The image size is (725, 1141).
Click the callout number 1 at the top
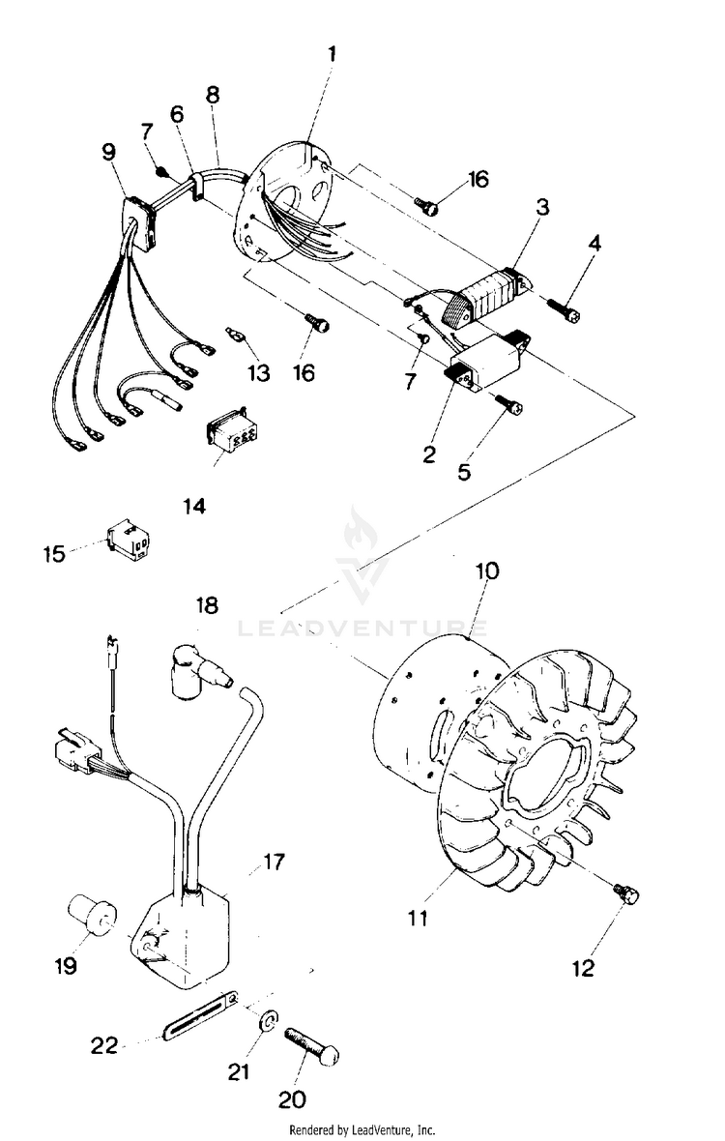coord(332,54)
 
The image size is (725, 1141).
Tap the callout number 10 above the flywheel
coord(486,570)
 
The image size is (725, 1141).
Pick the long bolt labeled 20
coord(312,1045)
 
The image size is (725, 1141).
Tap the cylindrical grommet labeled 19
coord(91,914)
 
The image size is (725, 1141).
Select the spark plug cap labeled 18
coord(198,669)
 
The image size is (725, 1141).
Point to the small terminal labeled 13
coord(235,335)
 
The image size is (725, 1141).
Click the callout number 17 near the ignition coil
coord(275,861)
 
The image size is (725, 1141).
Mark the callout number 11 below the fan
coord(417,917)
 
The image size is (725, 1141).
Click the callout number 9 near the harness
coord(107,152)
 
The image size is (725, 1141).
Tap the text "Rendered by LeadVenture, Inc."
coord(362,1129)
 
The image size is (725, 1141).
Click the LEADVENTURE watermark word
coord(362,629)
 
